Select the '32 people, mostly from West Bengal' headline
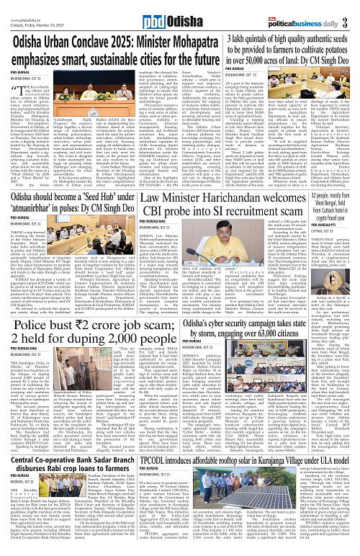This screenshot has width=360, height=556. click(x=337, y=201)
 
